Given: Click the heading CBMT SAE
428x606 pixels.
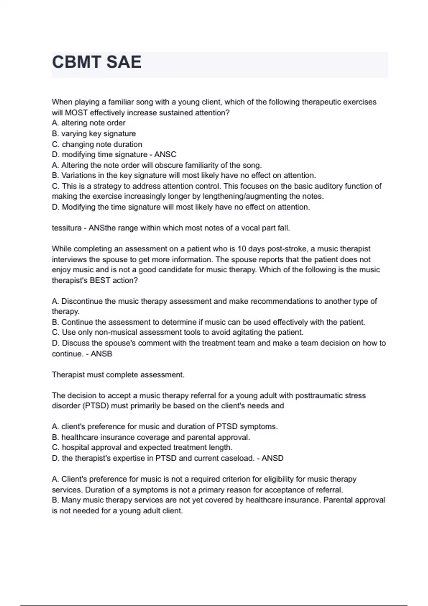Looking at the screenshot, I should [x=97, y=62].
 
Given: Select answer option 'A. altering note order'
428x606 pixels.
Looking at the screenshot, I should [x=88, y=123].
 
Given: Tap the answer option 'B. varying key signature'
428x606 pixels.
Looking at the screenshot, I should [x=94, y=134].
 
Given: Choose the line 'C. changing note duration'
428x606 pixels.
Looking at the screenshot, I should [x=97, y=144].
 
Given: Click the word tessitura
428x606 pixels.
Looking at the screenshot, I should [x=66, y=228].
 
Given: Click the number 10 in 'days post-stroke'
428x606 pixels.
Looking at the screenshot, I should [x=241, y=249].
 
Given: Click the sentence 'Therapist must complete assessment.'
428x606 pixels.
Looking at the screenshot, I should [x=118, y=375].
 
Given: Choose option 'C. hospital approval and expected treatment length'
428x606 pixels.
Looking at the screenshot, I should [x=142, y=448].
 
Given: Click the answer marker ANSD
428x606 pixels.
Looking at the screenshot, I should [x=272, y=458].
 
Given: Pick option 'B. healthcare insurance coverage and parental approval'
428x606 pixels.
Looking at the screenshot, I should [x=151, y=437].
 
